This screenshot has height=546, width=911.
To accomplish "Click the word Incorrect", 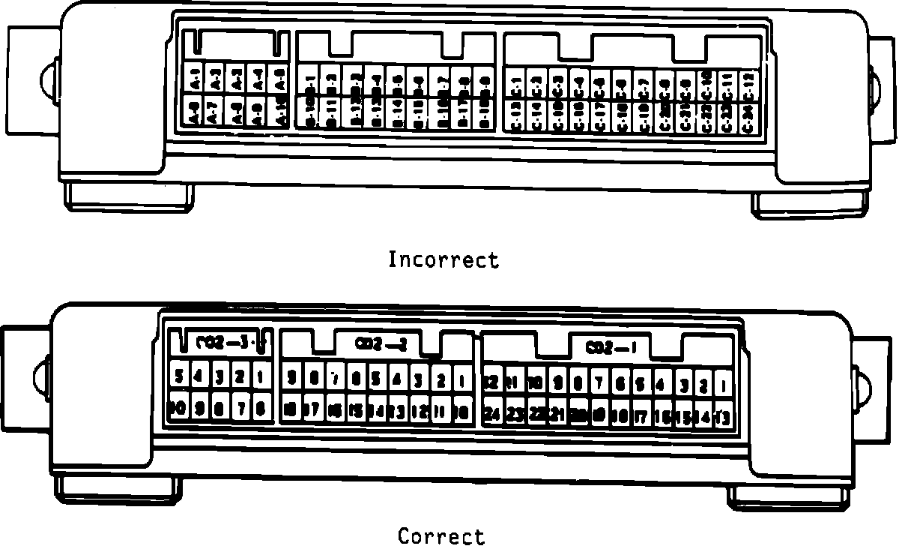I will [443, 260].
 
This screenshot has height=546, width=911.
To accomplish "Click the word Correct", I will [441, 535].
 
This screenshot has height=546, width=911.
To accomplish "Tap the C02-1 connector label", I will [611, 348].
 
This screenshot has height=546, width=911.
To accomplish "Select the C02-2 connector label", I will [381, 344].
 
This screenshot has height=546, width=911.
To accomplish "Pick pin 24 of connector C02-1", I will [492, 413].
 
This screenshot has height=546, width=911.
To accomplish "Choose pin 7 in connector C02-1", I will [599, 383].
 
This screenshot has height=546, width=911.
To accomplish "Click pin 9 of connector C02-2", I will [292, 376].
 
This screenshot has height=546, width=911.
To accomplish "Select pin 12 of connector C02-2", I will [419, 410].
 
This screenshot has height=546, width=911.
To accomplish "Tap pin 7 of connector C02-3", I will [240, 408].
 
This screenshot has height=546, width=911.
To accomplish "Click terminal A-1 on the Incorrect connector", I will [194, 76].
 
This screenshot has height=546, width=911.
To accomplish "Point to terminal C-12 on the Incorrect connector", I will [748, 82].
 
